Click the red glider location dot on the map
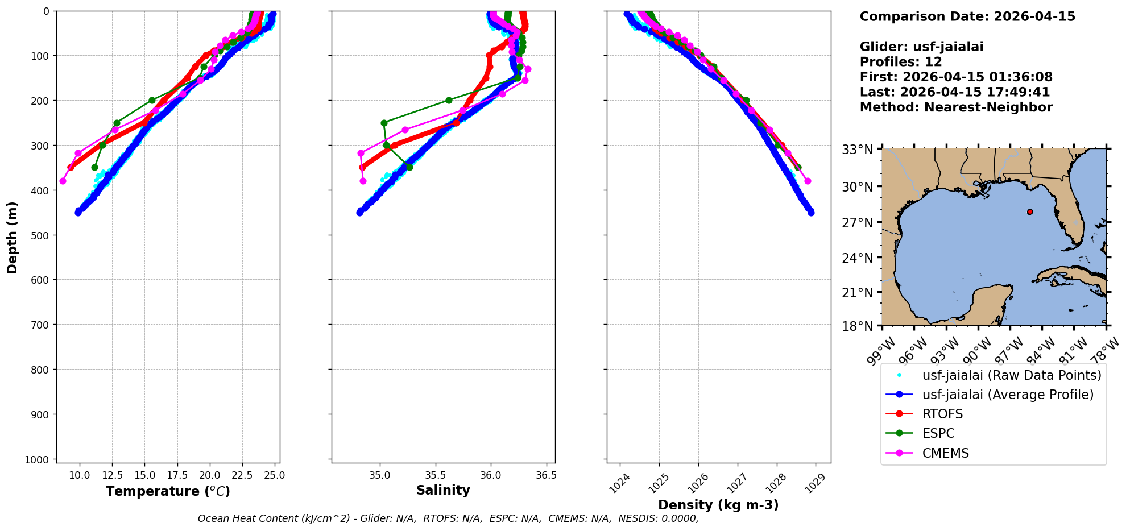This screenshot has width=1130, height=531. (x=1030, y=212)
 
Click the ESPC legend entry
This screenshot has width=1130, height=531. (x=938, y=433)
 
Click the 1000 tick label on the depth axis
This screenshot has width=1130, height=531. (x=40, y=459)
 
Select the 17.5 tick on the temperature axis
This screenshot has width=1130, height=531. (x=177, y=475)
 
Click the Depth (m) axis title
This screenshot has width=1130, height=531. (x=13, y=237)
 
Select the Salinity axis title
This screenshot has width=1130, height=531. (x=443, y=491)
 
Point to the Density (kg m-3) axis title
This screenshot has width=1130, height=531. (x=718, y=505)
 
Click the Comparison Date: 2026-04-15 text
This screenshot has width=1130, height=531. (x=967, y=16)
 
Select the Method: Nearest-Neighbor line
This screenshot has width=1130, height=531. (x=956, y=107)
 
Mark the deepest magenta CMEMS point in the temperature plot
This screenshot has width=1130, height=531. (x=63, y=181)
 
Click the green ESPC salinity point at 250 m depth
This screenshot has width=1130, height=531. (x=384, y=123)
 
